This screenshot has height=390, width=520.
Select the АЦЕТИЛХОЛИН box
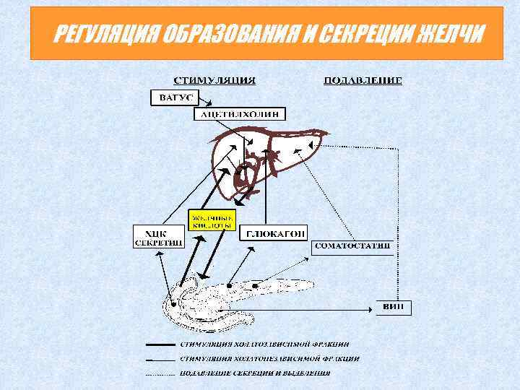coord(240,114)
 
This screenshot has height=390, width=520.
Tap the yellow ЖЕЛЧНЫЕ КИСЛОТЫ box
coord(212,220)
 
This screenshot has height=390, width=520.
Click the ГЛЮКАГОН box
coord(276,233)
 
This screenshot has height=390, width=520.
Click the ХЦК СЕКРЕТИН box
coord(157,235)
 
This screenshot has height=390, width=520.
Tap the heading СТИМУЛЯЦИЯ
coord(214,79)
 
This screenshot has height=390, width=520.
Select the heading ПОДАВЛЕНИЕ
coord(362,79)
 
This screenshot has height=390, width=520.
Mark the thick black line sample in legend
coord(160,344)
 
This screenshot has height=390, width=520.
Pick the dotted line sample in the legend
coord(160,374)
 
